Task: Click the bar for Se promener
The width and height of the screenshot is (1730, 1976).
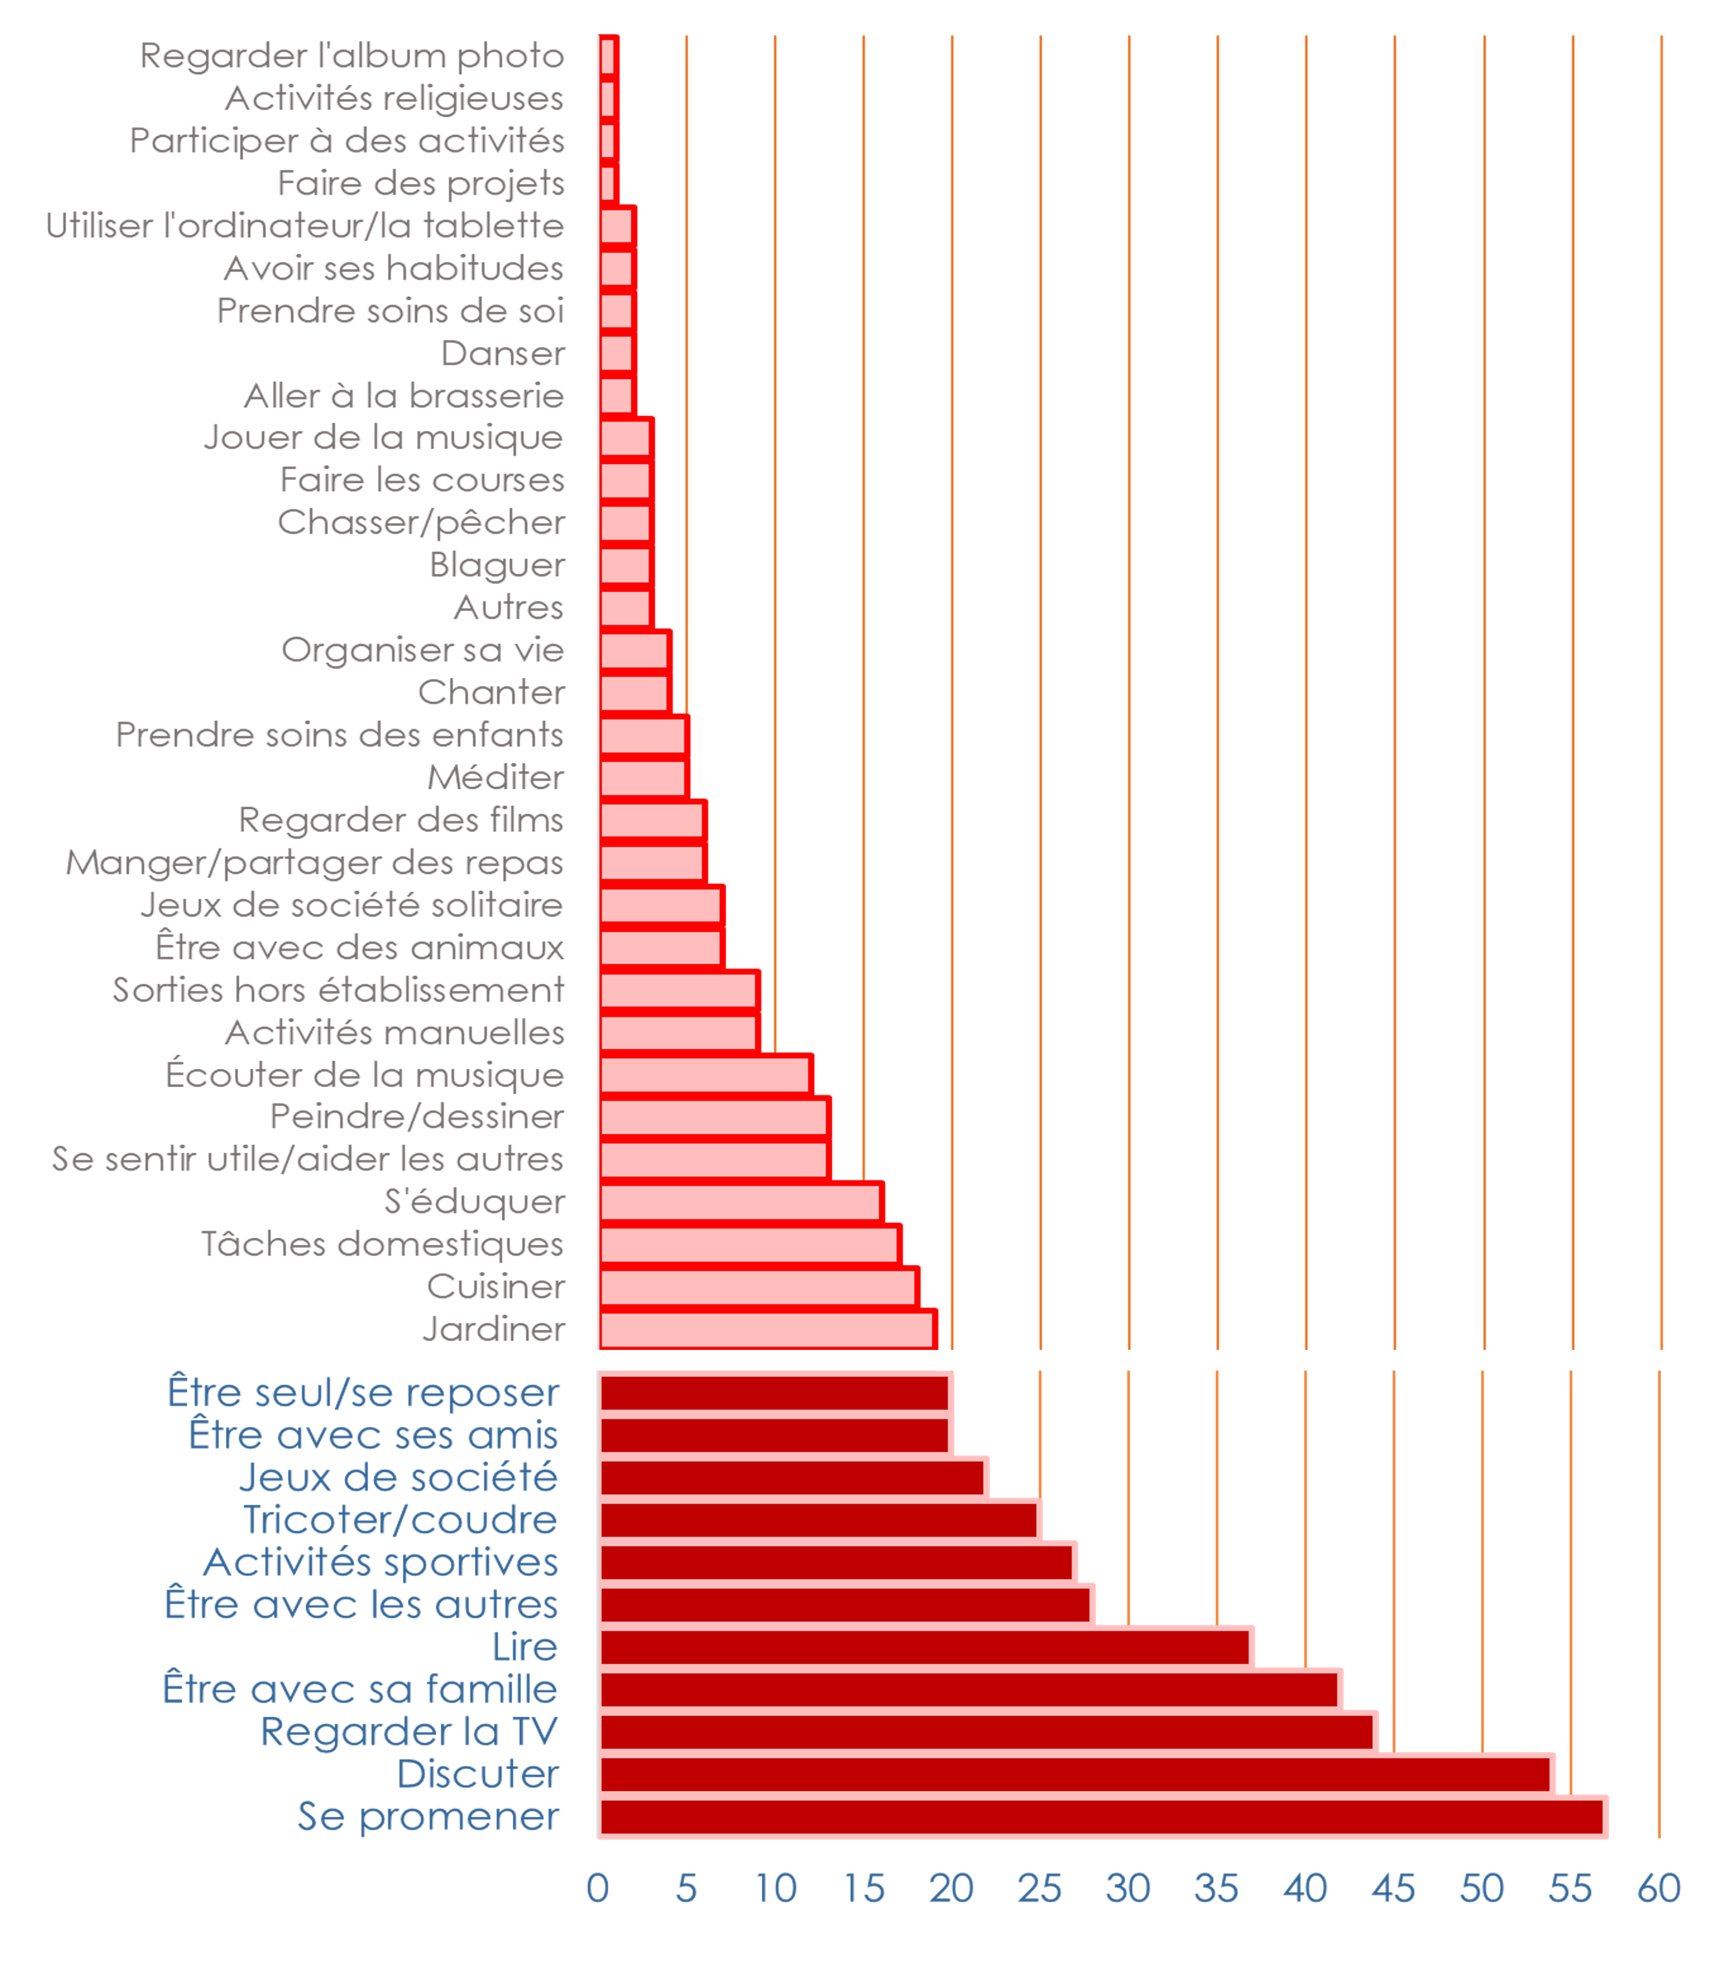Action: click(x=1102, y=1817)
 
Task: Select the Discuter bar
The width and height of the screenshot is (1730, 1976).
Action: click(x=1076, y=1774)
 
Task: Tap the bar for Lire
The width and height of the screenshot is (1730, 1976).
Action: click(x=926, y=1647)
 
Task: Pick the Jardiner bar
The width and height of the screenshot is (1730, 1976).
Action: click(x=768, y=1329)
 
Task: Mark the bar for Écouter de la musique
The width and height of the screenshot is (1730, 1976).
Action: click(x=705, y=1075)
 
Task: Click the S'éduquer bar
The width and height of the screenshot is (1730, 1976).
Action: click(x=741, y=1202)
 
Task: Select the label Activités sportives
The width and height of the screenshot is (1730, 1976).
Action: click(x=381, y=1563)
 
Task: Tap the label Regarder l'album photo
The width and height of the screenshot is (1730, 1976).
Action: click(x=351, y=56)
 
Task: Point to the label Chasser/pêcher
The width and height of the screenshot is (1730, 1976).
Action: click(x=421, y=522)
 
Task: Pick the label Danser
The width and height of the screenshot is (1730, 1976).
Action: click(x=502, y=354)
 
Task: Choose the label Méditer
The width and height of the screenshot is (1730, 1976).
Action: click(x=495, y=777)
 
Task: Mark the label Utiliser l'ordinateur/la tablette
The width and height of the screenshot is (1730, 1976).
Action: click(x=304, y=226)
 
